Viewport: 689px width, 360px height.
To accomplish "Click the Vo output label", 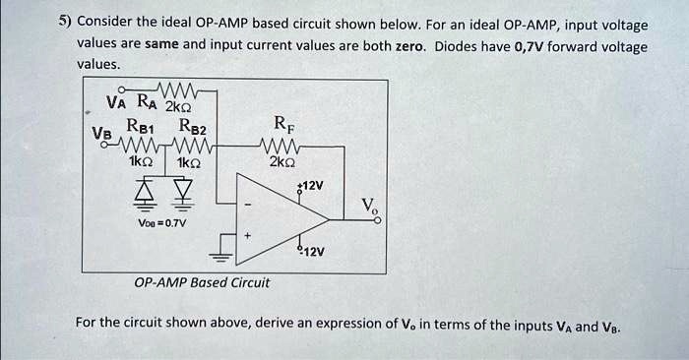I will point(367,206).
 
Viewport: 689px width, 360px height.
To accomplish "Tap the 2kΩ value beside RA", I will point(178,105).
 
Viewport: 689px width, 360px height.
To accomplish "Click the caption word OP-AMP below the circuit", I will point(158,282).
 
